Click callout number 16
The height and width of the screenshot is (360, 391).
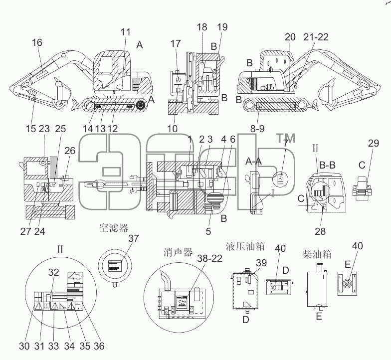(x=37, y=42)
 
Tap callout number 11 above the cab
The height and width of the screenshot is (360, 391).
(x=126, y=32)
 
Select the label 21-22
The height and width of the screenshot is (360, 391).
(x=316, y=37)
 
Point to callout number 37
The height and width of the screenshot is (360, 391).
(x=134, y=238)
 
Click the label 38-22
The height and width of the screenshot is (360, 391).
(x=209, y=258)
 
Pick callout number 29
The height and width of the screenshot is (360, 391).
(x=373, y=143)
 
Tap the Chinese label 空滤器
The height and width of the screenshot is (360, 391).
(x=114, y=227)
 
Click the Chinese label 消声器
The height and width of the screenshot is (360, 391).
(x=178, y=252)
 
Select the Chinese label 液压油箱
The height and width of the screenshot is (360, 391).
(x=245, y=246)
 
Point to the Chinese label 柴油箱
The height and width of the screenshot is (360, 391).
(x=317, y=254)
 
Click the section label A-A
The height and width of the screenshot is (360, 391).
(x=253, y=162)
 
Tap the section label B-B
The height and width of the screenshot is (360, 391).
(x=327, y=165)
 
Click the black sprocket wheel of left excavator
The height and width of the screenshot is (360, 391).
(x=141, y=106)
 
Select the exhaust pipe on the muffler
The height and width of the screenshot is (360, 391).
(x=165, y=280)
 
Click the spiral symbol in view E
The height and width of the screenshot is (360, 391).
(x=347, y=284)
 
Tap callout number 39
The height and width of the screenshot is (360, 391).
(x=261, y=263)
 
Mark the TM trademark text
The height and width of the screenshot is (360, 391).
(x=285, y=138)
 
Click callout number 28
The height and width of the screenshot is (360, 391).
(x=320, y=231)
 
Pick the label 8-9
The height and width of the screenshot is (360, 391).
(x=257, y=129)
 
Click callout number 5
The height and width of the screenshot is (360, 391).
(x=208, y=231)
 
